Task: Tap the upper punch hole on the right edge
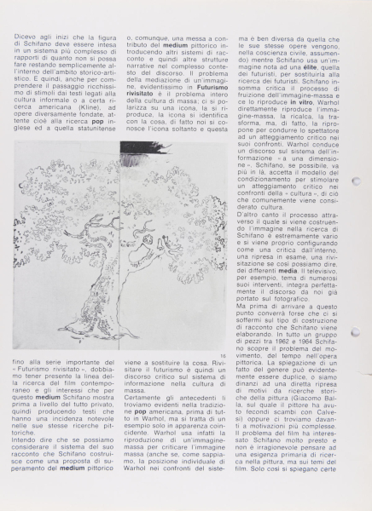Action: tap(356, 181)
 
